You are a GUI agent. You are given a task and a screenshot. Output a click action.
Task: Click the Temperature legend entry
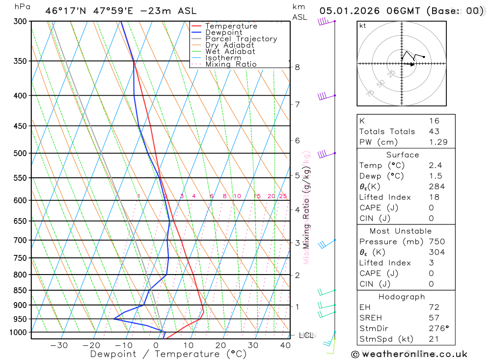coord(231,26)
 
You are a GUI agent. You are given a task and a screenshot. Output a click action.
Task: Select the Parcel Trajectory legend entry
coord(241,39)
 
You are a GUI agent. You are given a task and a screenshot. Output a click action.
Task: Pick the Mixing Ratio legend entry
coord(231,64)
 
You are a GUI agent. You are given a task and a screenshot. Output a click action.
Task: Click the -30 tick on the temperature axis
coord(59,345)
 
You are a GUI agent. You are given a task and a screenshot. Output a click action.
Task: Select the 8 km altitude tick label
coord(298,67)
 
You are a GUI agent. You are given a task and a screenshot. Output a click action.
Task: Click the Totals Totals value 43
coord(434,131)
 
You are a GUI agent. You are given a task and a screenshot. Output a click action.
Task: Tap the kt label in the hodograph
coord(363,26)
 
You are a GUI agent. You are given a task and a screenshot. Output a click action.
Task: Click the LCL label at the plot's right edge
coord(306,335)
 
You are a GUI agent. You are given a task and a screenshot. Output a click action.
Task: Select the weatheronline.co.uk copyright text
coord(409,354)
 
